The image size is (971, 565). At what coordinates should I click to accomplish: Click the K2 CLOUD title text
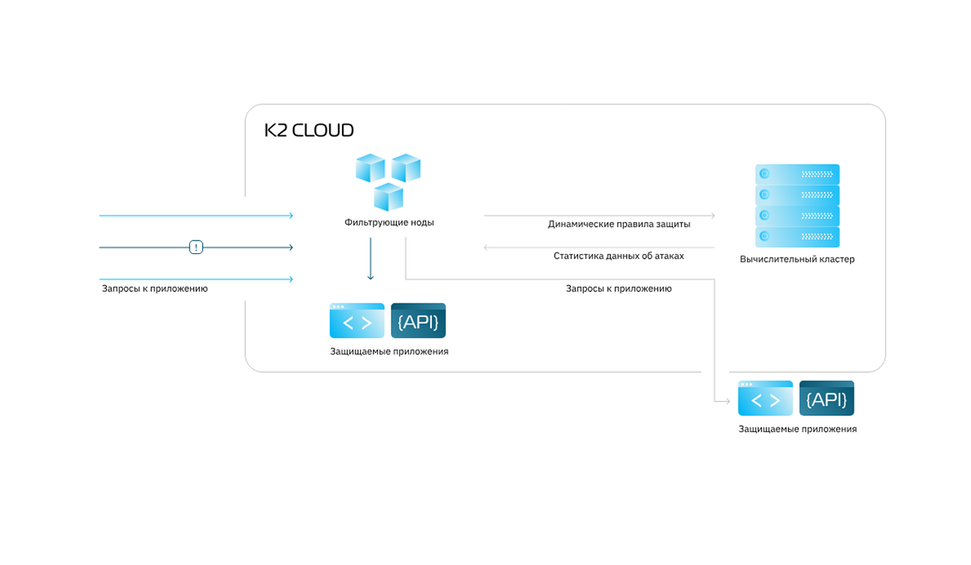(309, 130)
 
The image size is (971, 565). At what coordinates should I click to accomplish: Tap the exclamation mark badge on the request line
(196, 247)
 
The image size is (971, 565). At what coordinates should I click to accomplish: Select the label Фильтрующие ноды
(389, 222)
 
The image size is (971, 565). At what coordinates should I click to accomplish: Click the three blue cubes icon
(388, 181)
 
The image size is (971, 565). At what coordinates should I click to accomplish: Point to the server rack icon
(797, 206)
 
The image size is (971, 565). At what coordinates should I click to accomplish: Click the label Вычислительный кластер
(797, 259)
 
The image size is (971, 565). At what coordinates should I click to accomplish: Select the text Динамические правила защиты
(619, 224)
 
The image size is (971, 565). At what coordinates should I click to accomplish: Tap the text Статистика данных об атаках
(619, 256)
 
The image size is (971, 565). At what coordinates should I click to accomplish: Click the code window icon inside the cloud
(357, 321)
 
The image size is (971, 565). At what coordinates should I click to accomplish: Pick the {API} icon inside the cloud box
(419, 321)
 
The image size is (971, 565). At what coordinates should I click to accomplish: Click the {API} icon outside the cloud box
(827, 398)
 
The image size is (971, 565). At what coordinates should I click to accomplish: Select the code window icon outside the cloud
(765, 398)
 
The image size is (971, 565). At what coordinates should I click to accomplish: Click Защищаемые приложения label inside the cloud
(389, 352)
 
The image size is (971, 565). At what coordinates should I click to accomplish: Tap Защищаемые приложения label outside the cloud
(797, 429)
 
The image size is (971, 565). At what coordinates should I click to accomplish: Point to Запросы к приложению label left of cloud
(155, 289)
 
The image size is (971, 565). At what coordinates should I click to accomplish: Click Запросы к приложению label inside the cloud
(619, 289)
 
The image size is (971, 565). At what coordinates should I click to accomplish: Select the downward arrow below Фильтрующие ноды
(371, 260)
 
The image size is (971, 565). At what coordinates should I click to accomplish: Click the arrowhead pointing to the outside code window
(727, 402)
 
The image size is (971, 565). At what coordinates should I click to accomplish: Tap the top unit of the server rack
(797, 174)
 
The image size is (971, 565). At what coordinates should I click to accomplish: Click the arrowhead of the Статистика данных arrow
(487, 247)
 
